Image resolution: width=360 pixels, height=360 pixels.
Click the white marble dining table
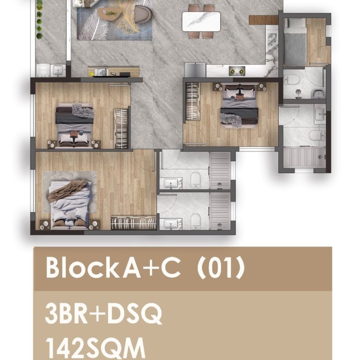click(201, 22)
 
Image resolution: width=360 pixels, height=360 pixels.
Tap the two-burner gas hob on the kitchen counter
click(237, 71)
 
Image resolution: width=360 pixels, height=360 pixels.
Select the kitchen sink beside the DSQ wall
click(272, 41)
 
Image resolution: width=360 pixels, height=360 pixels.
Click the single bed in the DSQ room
click(295, 42)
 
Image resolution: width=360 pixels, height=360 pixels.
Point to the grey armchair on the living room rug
click(143, 15)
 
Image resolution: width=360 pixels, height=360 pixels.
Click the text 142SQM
click(95, 348)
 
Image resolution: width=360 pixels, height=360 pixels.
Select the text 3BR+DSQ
click(103, 313)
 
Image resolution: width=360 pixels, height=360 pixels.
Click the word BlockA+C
click(113, 268)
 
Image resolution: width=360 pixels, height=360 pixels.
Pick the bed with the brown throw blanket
click(70, 204)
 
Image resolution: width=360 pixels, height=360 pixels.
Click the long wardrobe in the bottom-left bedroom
click(134, 223)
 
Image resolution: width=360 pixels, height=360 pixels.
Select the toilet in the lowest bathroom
click(195, 221)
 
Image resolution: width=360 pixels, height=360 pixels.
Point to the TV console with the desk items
click(113, 72)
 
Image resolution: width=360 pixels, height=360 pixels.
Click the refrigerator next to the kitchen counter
click(195, 70)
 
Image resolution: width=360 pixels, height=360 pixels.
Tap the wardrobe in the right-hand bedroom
click(192, 101)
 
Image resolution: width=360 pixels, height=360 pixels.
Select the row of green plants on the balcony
click(40, 19)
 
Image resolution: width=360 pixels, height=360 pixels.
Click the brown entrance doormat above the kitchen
click(264, 20)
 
